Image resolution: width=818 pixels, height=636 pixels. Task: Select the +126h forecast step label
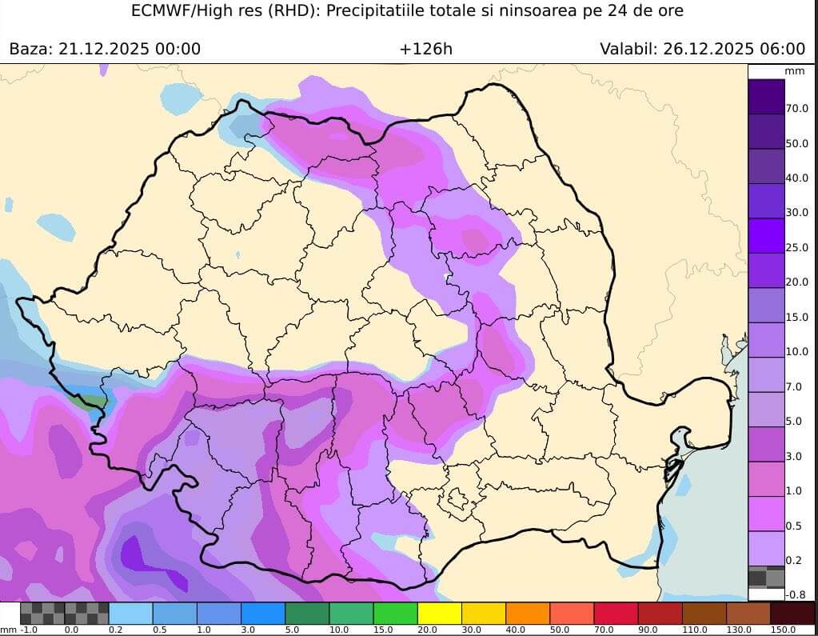(x=426, y=49)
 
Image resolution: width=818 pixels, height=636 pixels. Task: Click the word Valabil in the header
(x=627, y=49)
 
